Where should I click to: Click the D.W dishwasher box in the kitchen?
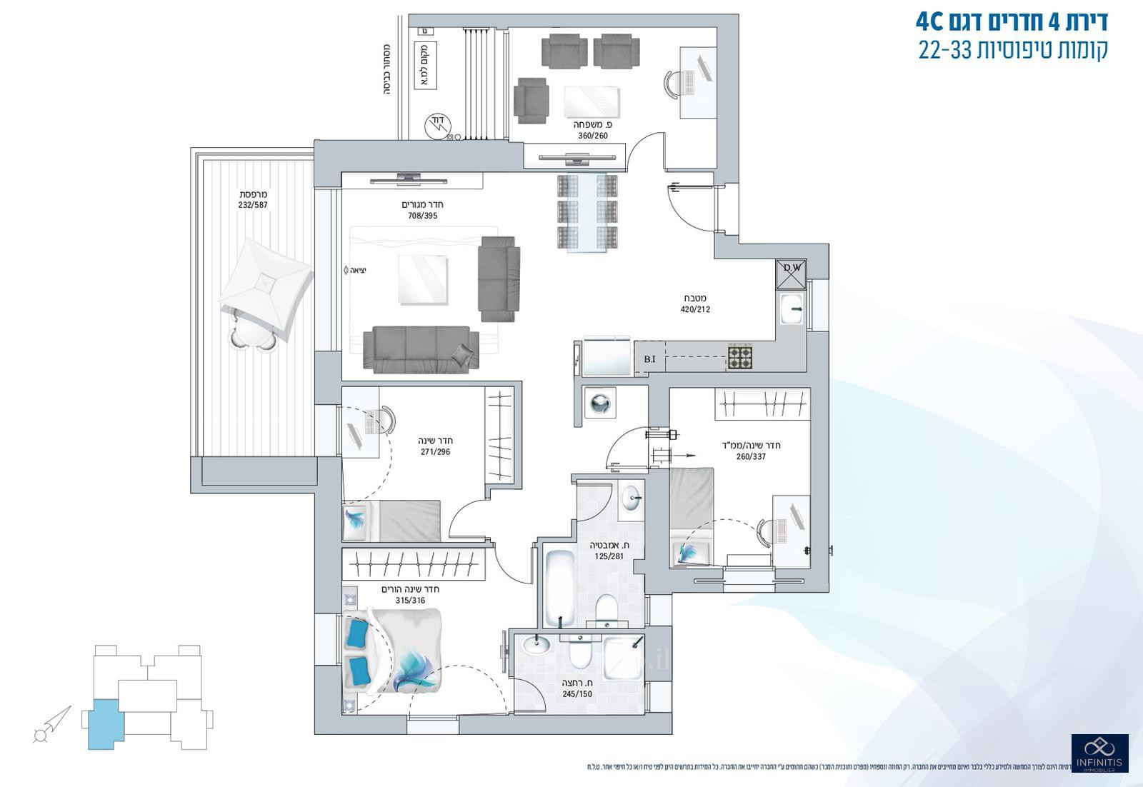pos(791,274)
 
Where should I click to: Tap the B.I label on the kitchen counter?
pos(649,359)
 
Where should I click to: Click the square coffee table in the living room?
pos(423,279)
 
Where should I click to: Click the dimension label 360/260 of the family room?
pos(592,135)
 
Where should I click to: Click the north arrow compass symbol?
pos(51,725)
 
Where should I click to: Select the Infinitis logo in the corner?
pos(1099,753)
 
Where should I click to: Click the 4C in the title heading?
pos(931,21)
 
